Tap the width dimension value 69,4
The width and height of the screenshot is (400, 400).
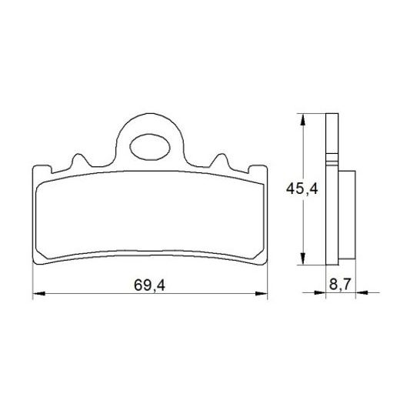pos(150,285)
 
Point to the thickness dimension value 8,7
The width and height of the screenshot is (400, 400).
pos(338,284)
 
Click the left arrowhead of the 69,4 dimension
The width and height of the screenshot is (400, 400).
pos(38,293)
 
